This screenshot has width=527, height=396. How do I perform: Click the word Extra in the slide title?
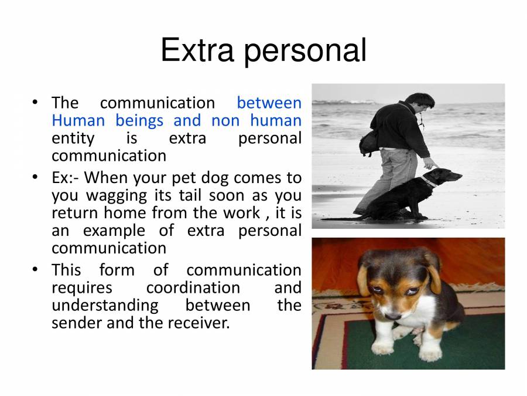[199, 50]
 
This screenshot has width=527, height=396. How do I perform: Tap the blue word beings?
[139, 121]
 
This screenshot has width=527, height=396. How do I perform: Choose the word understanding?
[105, 305]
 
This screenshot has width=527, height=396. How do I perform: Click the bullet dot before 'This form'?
[36, 270]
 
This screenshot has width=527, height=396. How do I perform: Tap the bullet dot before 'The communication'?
[36, 103]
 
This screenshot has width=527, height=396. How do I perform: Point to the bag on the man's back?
[368, 141]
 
